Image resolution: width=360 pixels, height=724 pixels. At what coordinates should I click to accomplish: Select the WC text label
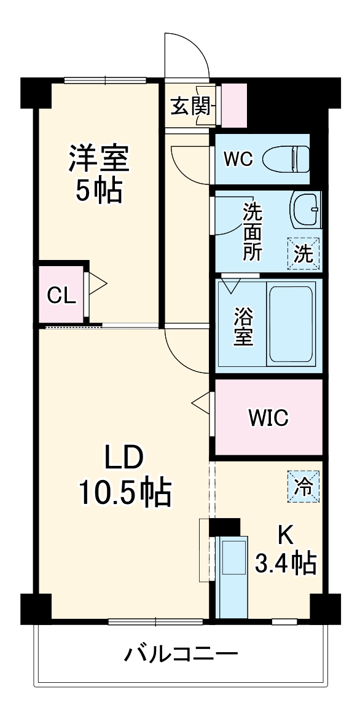click(x=237, y=159)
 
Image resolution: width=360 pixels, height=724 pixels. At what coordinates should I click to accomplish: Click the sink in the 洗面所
click(x=305, y=210)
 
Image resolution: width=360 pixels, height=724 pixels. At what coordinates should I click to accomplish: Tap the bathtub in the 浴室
click(x=292, y=324)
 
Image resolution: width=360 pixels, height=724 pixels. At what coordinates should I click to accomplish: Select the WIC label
click(x=268, y=418)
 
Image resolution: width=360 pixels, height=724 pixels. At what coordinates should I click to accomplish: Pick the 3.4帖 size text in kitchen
click(x=285, y=562)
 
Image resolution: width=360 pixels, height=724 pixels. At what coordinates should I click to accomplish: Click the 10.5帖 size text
click(x=124, y=492)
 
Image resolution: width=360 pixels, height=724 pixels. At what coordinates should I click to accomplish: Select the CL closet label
click(x=62, y=296)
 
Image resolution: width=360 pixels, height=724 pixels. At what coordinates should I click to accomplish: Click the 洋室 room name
click(x=98, y=159)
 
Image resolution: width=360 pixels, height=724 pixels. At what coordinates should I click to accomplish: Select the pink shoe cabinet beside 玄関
click(x=234, y=104)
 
